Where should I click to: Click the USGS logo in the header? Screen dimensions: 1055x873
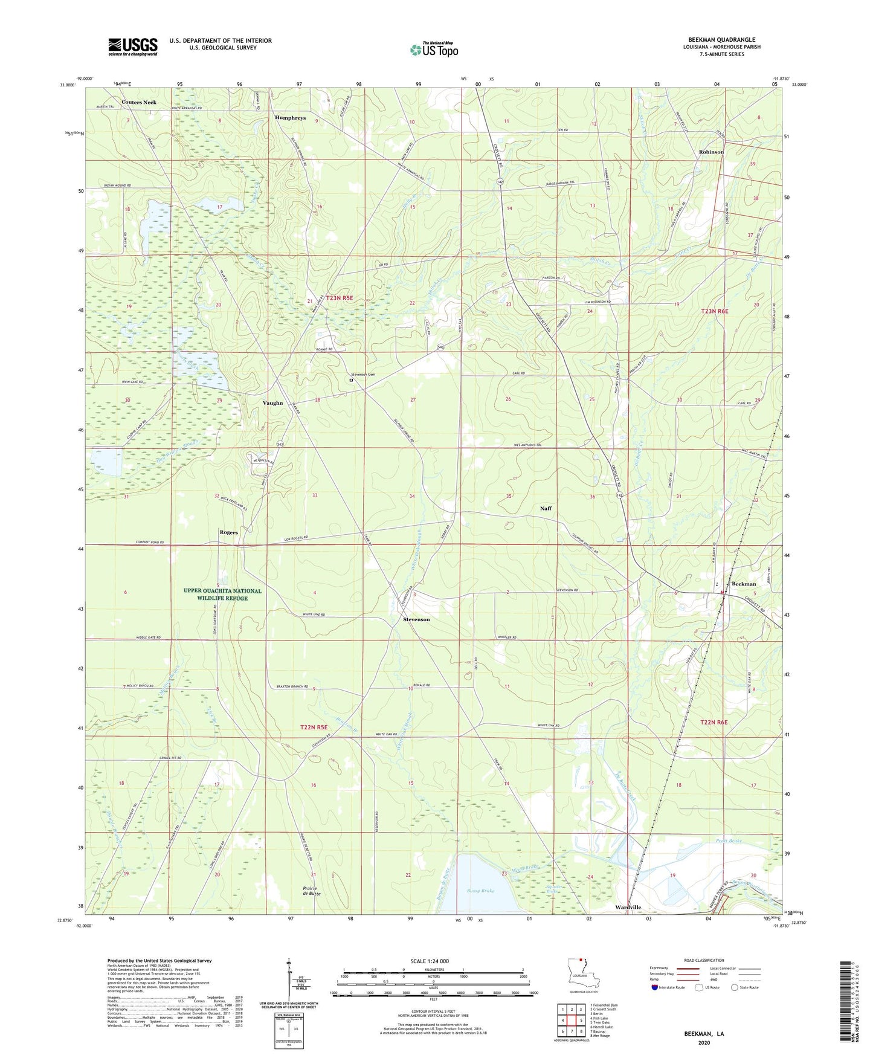pos(132,47)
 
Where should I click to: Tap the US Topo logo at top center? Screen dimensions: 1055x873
pos(434,50)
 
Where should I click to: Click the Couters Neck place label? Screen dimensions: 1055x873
pos(139,102)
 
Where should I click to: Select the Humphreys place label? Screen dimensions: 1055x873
pos(290,118)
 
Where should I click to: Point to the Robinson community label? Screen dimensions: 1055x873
pos(711,152)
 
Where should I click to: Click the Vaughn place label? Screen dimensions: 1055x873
pos(272,403)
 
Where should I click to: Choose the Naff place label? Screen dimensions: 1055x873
pos(546,508)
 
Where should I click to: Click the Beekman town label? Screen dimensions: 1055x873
pos(744,584)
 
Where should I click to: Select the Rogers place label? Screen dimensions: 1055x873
pos(228,532)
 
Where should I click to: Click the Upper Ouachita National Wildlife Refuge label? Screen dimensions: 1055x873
pos(223,595)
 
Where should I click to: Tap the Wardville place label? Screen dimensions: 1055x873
pos(628,908)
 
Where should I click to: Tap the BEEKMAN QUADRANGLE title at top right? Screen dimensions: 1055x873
pos(721,40)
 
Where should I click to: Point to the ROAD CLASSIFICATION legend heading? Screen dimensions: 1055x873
pos(704,960)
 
